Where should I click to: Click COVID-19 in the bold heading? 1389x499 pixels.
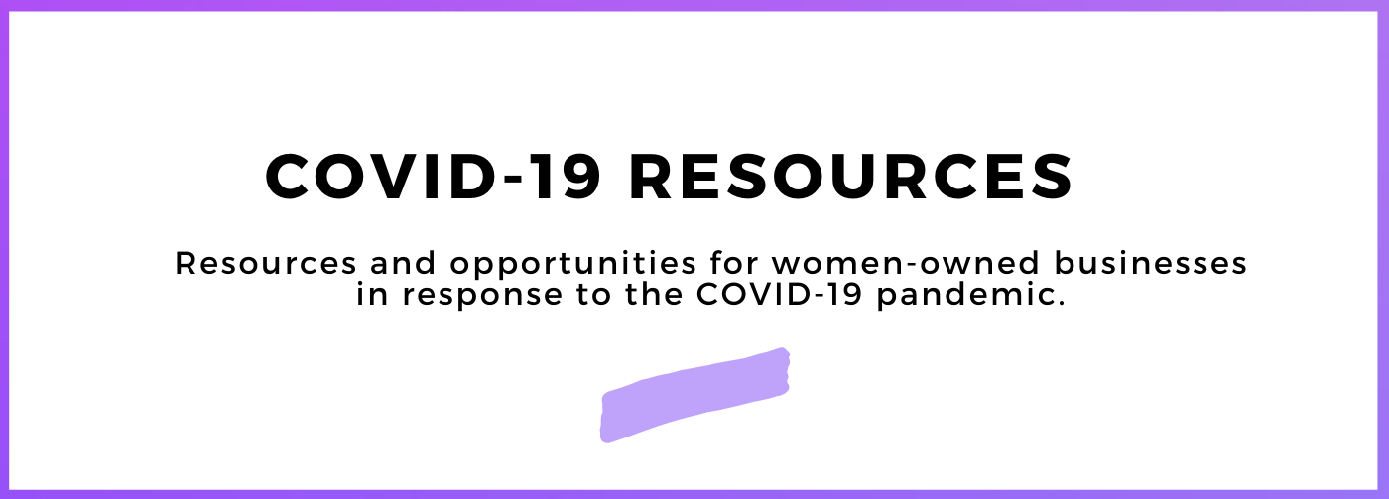coord(432,179)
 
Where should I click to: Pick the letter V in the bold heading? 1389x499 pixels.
coord(402,179)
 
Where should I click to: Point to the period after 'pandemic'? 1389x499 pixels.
coord(1061,304)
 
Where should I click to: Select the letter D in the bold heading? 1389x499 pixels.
coord(480,179)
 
